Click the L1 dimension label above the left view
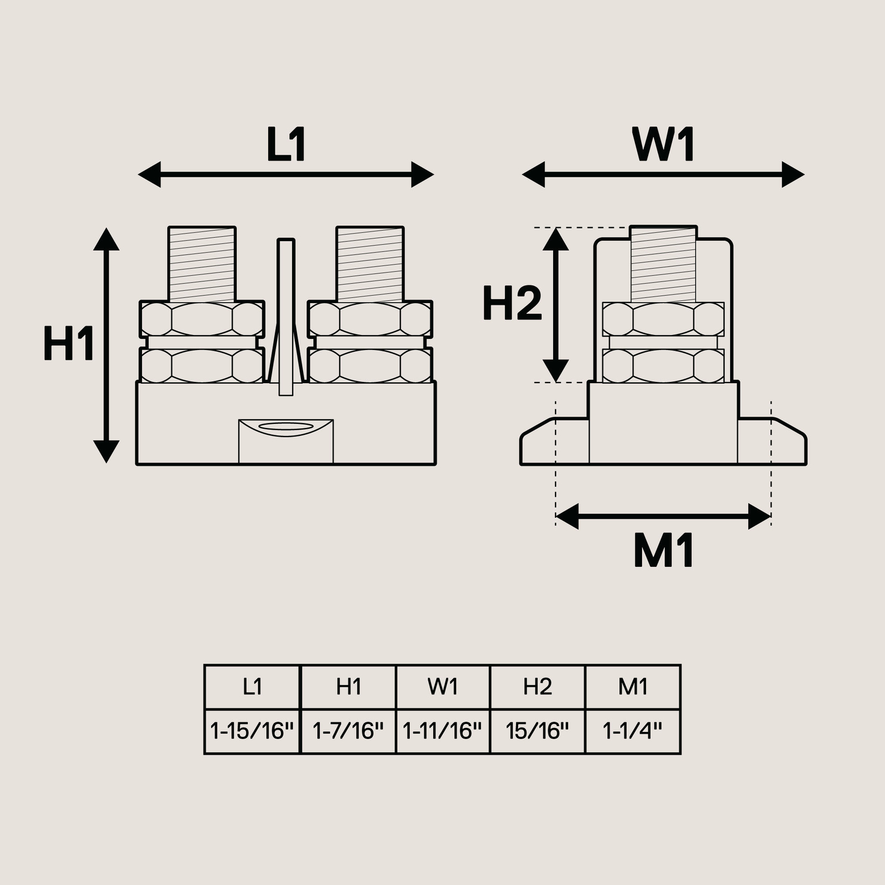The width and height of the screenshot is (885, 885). point(286,145)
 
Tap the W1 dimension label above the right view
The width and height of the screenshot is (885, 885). point(663,145)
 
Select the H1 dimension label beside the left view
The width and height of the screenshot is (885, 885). point(69,343)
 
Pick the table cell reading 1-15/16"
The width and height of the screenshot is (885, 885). point(252,732)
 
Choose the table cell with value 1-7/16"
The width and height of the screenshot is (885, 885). point(348,732)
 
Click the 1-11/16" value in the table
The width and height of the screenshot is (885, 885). point(443,732)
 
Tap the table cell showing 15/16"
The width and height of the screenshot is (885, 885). point(538,732)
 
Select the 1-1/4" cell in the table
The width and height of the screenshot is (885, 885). point(633,732)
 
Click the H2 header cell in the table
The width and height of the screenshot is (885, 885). point(538,687)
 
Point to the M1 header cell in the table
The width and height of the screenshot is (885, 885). point(633,687)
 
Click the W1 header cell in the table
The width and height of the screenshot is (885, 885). point(443,687)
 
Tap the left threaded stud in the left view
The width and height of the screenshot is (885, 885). point(202,264)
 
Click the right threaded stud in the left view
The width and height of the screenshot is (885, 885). point(370,264)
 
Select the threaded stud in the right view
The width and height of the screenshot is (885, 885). point(663,264)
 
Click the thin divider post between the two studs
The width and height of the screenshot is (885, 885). point(286,317)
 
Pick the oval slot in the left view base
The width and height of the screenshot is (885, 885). point(286,426)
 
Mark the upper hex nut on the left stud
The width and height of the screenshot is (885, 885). point(202,319)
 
